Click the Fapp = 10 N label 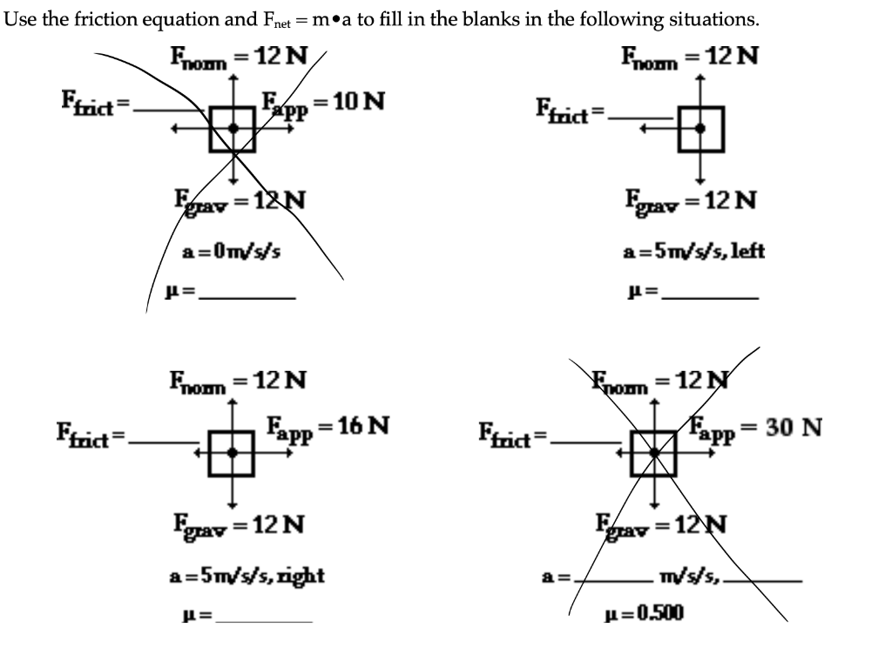click(323, 101)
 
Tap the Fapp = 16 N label click(327, 427)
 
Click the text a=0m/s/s click(231, 252)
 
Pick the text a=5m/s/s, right click(247, 575)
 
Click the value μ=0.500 click(645, 613)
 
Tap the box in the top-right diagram click(700, 128)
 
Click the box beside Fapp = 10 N click(233, 128)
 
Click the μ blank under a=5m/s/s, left click(709, 296)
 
